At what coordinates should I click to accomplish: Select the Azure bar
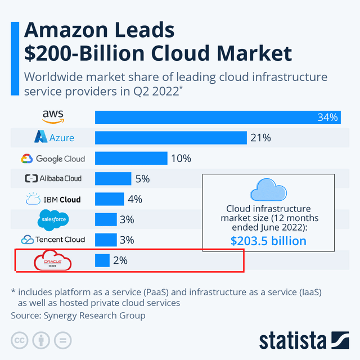[x=171, y=138]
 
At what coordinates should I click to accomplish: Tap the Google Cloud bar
[x=131, y=158]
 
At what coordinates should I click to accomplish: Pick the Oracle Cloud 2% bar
[x=102, y=260]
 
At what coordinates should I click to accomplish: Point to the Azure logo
[x=54, y=137]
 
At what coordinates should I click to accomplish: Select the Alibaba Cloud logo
[x=53, y=179]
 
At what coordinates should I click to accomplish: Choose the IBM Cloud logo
[x=53, y=199]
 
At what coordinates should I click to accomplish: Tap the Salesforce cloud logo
[x=54, y=219]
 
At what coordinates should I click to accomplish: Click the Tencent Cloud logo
[x=53, y=240]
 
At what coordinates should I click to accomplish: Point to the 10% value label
[x=181, y=159]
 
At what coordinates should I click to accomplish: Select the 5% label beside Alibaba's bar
[x=142, y=179]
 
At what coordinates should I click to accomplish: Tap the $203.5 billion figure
[x=268, y=241]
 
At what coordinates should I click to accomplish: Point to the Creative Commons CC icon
[x=20, y=340]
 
